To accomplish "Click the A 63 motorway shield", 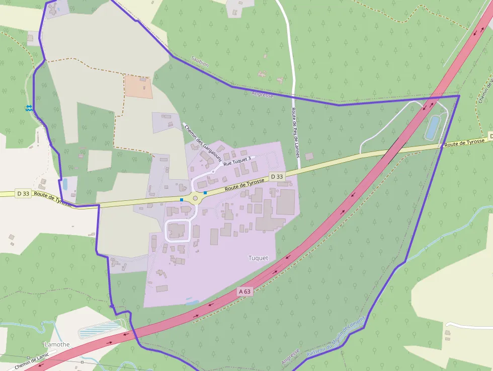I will point(244,291).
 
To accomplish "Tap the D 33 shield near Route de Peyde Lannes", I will point(277,177).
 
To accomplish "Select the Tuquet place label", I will point(258,258).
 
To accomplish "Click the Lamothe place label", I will point(57,344).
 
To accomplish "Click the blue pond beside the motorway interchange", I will point(432,127).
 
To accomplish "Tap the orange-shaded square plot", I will point(138,87).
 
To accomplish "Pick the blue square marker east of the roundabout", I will point(205,192).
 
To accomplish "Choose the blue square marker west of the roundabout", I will point(182,200).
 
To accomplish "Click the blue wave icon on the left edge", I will point(29,108).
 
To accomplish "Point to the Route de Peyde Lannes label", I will point(295,132).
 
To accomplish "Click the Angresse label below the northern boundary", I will point(262,94).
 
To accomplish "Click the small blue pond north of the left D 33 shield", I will point(64,184).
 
